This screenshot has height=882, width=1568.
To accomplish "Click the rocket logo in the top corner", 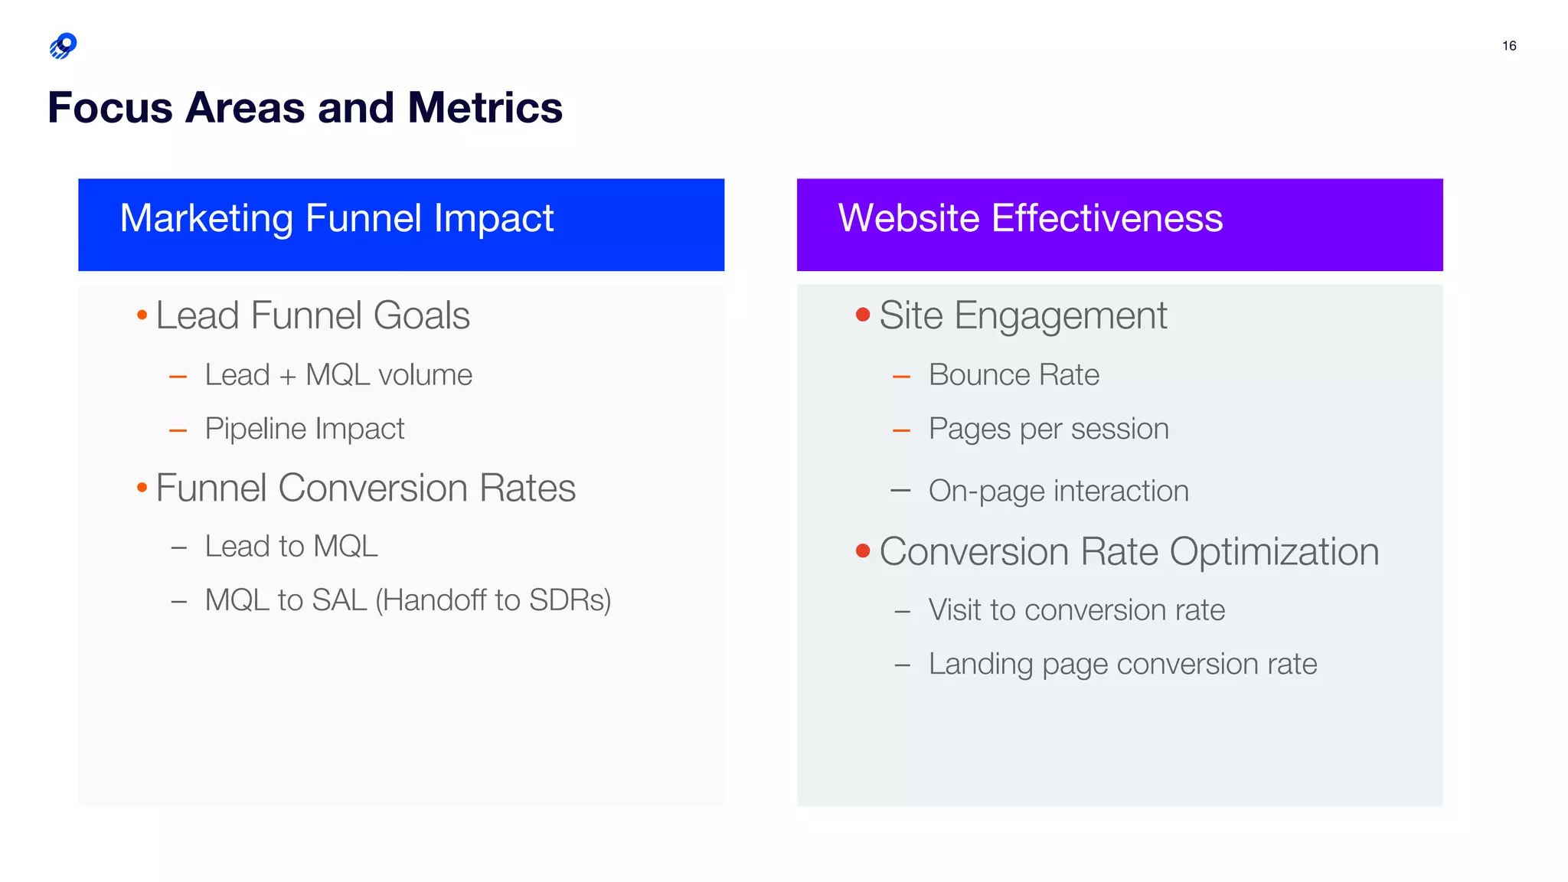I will point(63,46).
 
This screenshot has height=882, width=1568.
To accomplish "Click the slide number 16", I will point(1508,46).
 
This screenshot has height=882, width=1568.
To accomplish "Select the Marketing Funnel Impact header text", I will point(336,219).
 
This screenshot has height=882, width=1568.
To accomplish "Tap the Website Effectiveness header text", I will point(1030,219).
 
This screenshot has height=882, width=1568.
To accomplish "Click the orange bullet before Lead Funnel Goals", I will point(142,315).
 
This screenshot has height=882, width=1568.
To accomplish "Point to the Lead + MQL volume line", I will point(338,375).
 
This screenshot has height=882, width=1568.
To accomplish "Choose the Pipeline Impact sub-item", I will point(304,429).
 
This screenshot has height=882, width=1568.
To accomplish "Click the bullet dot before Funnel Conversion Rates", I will point(142,488).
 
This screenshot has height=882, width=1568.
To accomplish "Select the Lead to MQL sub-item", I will point(291,547).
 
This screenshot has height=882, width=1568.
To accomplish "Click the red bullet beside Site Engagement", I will point(863,315).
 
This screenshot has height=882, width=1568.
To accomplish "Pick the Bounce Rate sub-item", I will point(1014,375).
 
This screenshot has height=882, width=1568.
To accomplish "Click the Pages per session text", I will point(1048,429).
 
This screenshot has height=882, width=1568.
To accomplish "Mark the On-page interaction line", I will point(1058,491).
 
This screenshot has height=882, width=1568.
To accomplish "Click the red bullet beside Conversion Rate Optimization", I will point(863,551).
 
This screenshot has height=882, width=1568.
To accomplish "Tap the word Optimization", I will point(1274,552).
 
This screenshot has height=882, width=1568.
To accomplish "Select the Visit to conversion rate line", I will point(1076,610).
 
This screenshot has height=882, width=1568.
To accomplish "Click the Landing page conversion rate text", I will point(1122,664).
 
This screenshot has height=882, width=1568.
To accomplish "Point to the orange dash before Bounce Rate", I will point(901,377).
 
